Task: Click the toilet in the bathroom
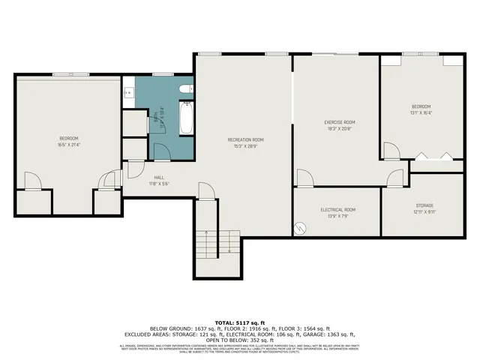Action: pyautogui.click(x=185, y=90)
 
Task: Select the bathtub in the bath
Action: pyautogui.click(x=184, y=120)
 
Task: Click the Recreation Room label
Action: pyautogui.click(x=246, y=140)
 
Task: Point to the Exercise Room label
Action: pyautogui.click(x=339, y=122)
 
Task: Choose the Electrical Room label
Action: pyautogui.click(x=337, y=210)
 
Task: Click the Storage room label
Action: pyautogui.click(x=425, y=205)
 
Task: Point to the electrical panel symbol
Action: pyautogui.click(x=300, y=226)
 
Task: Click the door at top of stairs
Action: pyautogui.click(x=206, y=190)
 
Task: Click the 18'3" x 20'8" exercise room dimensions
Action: pyautogui.click(x=339, y=128)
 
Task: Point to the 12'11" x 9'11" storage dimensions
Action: pyautogui.click(x=425, y=211)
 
